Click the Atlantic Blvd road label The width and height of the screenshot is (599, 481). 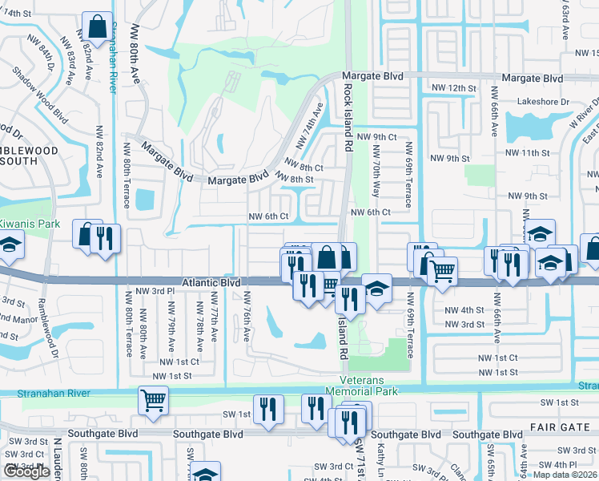[x=211, y=283]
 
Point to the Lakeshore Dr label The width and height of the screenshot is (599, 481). [x=542, y=103]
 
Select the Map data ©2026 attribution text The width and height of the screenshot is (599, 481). [x=565, y=475]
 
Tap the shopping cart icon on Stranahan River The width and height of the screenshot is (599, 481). [x=152, y=399]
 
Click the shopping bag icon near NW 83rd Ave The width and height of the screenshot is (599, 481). [x=97, y=26]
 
